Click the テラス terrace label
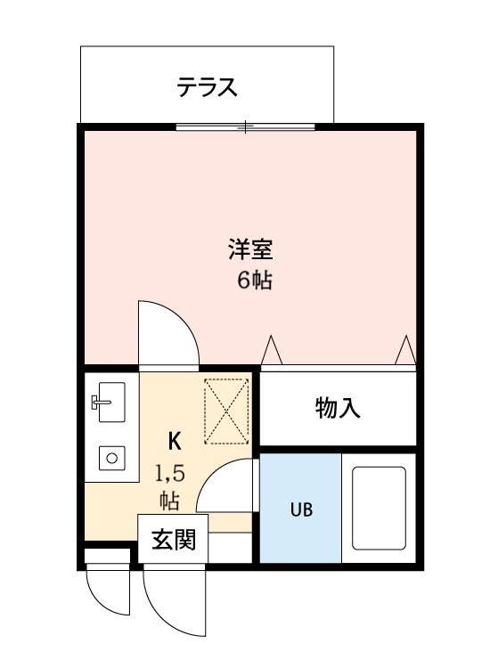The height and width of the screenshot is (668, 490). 207,87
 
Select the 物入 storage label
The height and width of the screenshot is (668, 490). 338,409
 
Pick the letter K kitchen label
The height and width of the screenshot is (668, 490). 176,440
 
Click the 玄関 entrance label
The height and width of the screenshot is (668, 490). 173,540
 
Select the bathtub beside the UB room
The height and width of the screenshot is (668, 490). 380,509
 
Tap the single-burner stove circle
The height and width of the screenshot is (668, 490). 112,459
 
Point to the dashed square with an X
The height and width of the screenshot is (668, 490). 227,411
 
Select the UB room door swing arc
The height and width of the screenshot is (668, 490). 224,485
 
